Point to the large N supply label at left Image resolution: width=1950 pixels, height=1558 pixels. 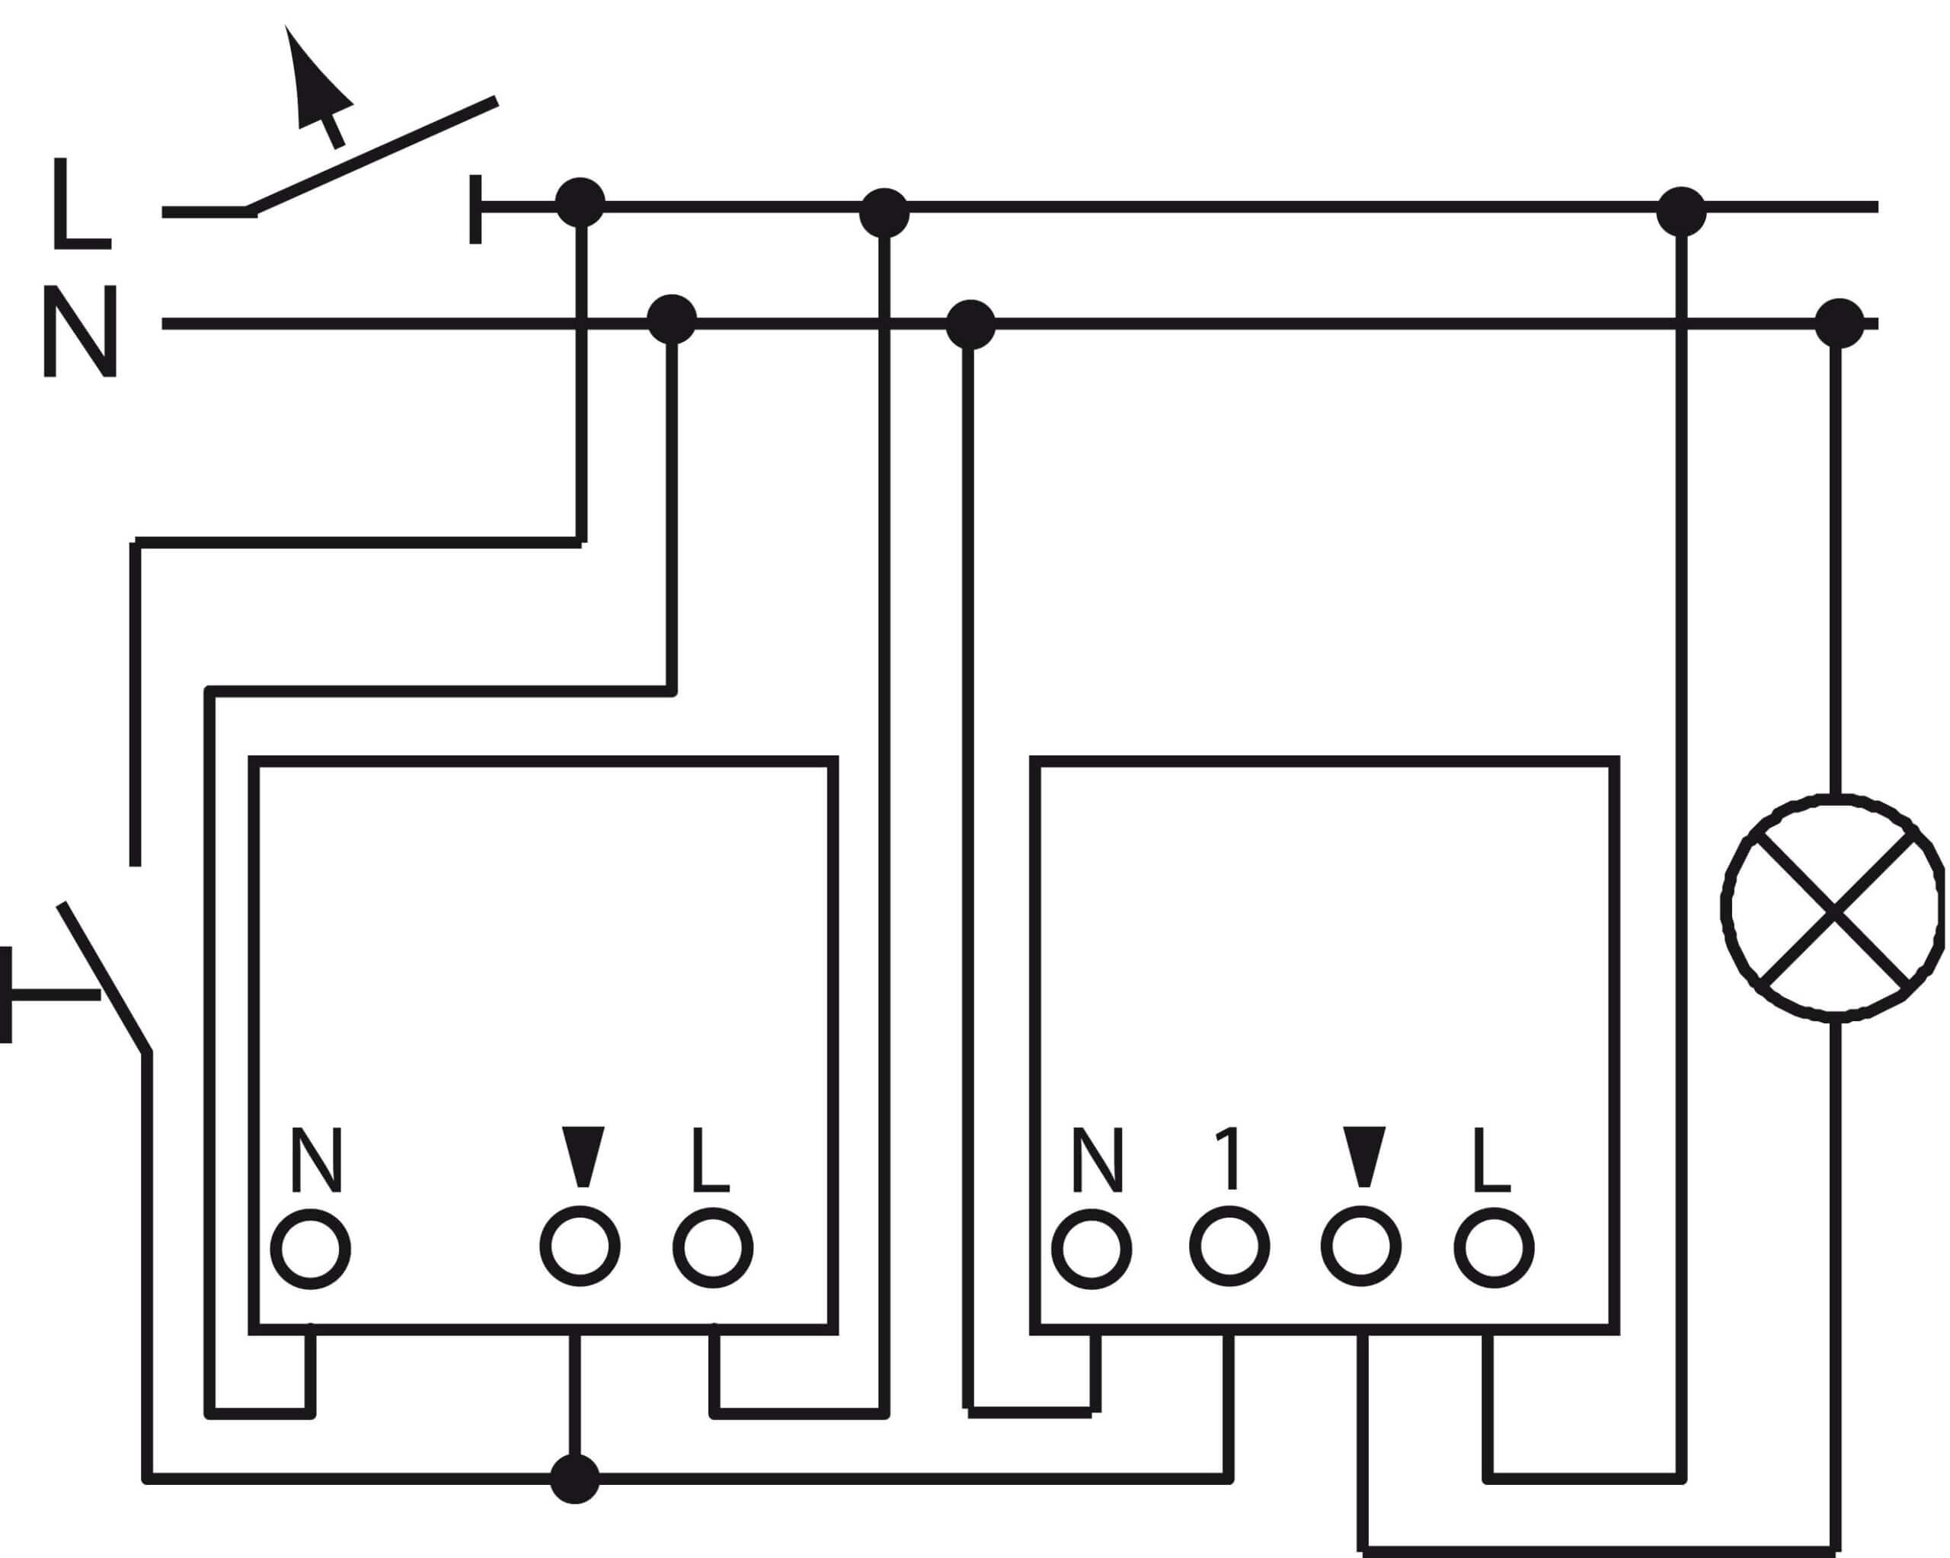(81, 331)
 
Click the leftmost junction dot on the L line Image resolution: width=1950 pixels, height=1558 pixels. (580, 203)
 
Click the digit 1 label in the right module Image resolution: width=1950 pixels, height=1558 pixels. (1228, 1158)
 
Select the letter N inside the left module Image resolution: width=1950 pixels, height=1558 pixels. (318, 1159)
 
